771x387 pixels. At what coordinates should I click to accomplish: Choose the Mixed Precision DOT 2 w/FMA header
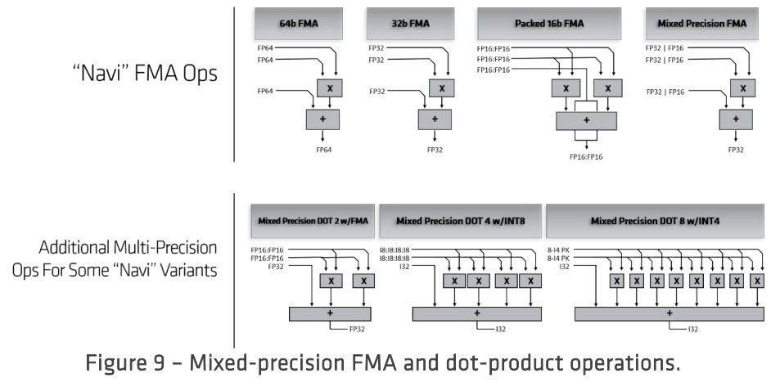(x=310, y=221)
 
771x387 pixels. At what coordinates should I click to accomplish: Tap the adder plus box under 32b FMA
(x=434, y=119)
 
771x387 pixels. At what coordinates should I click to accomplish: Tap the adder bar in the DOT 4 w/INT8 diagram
(x=476, y=313)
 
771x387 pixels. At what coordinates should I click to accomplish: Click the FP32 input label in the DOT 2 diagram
(x=260, y=266)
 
